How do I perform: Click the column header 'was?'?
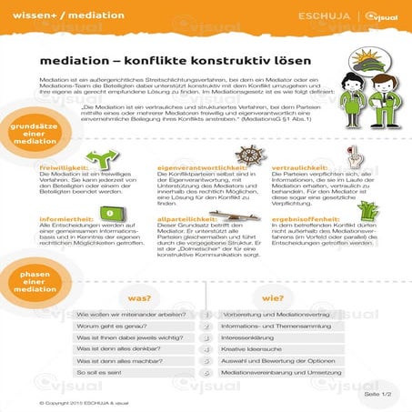pos(139,296)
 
